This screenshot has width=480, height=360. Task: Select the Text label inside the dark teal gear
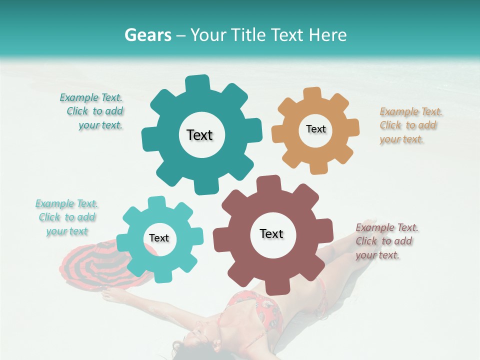(199, 135)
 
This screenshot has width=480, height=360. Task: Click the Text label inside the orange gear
(315, 129)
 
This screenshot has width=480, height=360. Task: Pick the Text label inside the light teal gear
(159, 238)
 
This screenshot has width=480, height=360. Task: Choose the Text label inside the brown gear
(271, 233)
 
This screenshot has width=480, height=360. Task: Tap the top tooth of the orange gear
(312, 93)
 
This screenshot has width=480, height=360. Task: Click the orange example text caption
(410, 125)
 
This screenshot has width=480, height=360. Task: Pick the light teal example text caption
(67, 217)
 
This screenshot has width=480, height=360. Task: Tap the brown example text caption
(386, 241)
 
